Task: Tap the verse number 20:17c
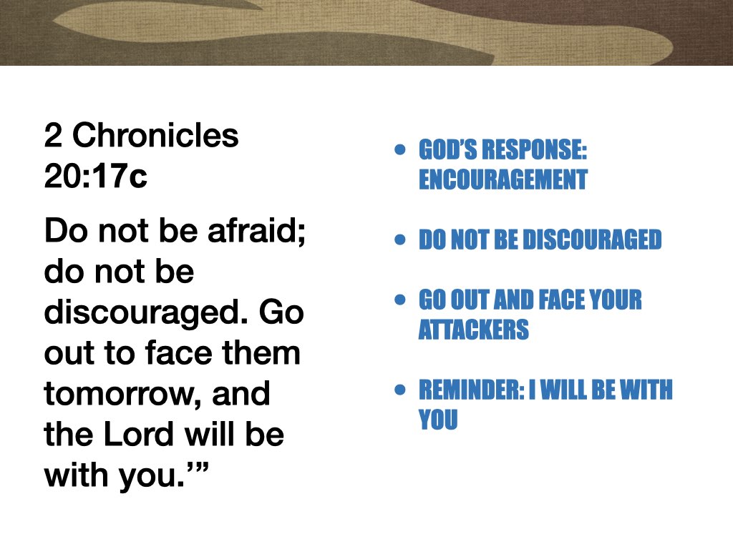(x=95, y=177)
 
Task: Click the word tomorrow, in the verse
(x=121, y=395)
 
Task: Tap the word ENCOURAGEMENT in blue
(x=503, y=179)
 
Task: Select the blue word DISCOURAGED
(x=592, y=240)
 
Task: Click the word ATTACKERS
(x=473, y=330)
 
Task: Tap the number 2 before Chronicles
(x=52, y=135)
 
